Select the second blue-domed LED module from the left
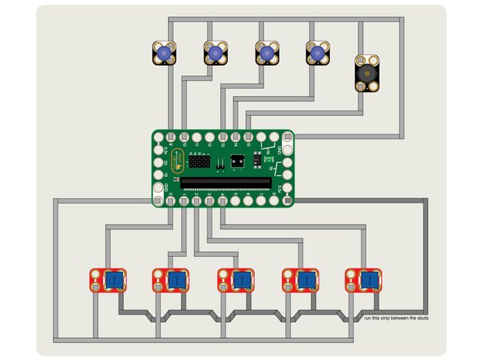[216, 53]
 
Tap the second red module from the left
[170, 281]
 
